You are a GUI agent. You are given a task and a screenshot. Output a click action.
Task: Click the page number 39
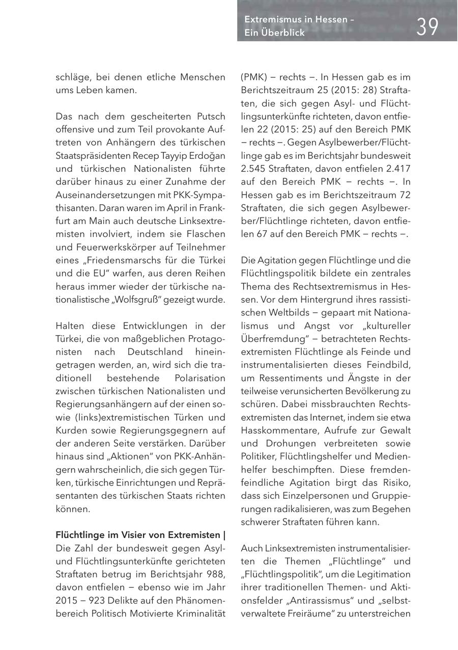pyautogui.click(x=427, y=26)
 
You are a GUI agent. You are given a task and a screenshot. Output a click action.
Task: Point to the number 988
pyautogui.click(x=215, y=574)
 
